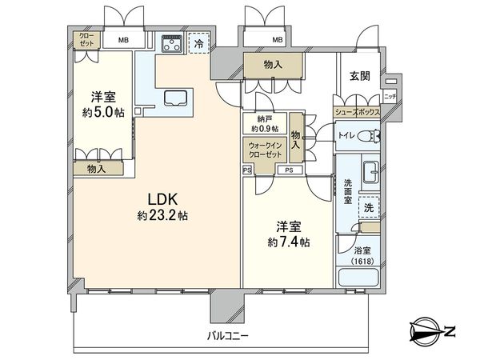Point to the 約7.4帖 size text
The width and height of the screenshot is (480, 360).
tap(289, 241)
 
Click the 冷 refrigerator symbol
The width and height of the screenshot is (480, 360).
tap(198, 45)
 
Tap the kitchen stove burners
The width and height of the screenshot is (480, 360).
tap(170, 45)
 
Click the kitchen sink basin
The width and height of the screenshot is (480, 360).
tap(175, 98)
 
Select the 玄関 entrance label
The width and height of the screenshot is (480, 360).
tap(358, 75)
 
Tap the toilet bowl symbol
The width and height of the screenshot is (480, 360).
tap(367, 137)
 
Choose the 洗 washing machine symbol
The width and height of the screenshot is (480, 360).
tap(368, 206)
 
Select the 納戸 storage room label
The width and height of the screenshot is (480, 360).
tap(265, 119)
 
